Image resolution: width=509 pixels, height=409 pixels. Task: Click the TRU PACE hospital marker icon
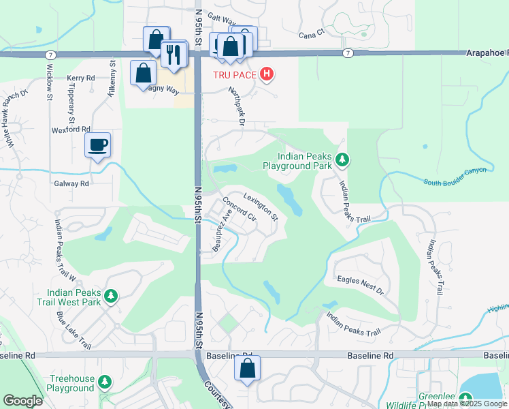(x=267, y=74)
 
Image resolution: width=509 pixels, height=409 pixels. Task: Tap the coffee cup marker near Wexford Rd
(x=97, y=145)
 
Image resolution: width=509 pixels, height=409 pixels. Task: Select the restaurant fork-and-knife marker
(x=176, y=54)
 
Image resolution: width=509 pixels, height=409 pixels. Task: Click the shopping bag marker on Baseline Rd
(x=247, y=369)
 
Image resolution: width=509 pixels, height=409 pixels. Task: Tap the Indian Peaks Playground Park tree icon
(x=343, y=160)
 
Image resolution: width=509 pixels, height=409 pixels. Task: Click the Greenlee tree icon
(x=465, y=399)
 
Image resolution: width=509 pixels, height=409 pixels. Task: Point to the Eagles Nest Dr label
(x=360, y=284)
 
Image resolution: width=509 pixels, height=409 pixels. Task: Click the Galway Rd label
(x=71, y=183)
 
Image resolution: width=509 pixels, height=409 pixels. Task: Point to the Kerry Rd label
(x=81, y=78)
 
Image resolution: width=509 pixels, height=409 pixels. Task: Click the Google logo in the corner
(x=22, y=401)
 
